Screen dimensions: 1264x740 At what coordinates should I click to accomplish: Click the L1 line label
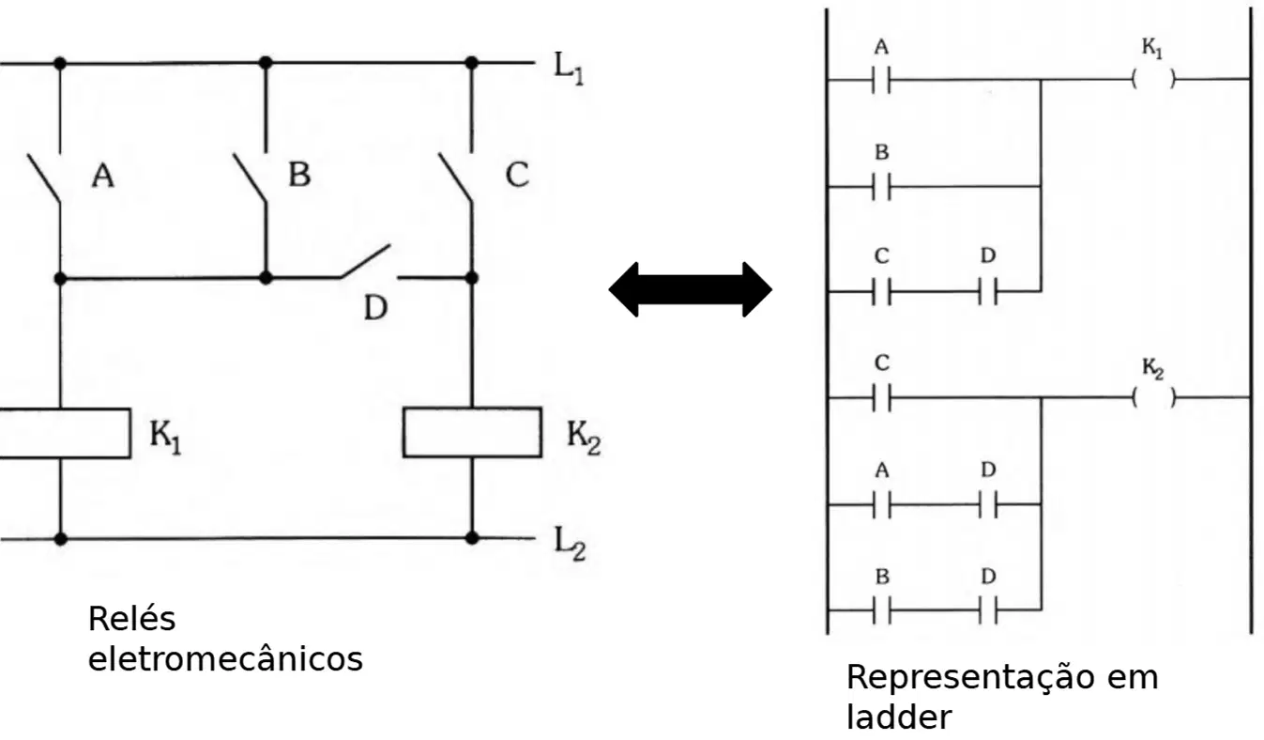coord(569,68)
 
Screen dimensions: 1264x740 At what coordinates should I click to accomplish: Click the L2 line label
coord(570,543)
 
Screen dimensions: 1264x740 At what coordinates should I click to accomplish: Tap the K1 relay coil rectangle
coord(65,433)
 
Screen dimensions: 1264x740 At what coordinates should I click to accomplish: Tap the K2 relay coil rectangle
coord(472,432)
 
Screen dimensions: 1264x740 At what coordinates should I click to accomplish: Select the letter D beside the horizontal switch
coord(375,308)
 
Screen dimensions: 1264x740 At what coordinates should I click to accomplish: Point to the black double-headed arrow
coord(690,289)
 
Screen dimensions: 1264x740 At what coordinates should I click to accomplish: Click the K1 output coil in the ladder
coord(1153,79)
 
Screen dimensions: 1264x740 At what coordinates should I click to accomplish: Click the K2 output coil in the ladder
coord(1153,397)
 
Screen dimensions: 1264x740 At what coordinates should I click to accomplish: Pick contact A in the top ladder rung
coord(881,80)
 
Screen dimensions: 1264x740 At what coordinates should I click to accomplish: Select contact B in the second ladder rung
coord(881,187)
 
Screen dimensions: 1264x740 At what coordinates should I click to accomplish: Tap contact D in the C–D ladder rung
coord(987,291)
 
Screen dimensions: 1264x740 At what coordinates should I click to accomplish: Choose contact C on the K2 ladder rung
coord(881,397)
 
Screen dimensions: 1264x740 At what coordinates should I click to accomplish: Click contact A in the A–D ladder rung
coord(881,504)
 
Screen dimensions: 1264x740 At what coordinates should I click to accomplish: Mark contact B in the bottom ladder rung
coord(881,610)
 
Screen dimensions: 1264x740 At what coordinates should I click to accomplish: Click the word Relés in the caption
coord(132,619)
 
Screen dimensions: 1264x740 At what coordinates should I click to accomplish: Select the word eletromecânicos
coord(225,658)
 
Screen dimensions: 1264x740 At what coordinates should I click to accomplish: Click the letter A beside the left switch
coord(102,175)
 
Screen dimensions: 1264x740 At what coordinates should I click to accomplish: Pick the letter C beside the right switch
coord(517,174)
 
